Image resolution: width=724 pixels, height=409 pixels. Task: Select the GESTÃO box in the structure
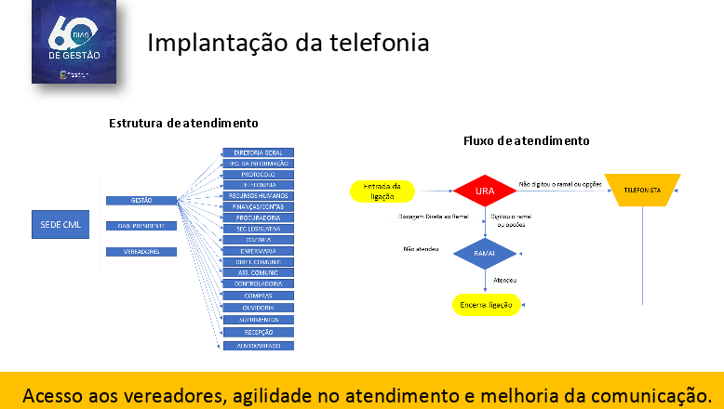click(141, 200)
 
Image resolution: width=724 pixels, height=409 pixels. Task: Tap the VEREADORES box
click(141, 252)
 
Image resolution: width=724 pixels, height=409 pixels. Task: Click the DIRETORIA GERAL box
click(258, 152)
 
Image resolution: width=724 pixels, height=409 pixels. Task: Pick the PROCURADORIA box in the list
click(258, 218)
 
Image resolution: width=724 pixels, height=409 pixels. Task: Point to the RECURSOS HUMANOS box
click(258, 196)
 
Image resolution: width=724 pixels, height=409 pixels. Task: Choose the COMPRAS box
click(258, 296)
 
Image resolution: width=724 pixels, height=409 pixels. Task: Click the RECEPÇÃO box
click(258, 330)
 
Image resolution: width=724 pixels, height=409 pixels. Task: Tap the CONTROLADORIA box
click(258, 284)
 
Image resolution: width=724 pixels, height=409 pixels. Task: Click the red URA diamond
click(485, 191)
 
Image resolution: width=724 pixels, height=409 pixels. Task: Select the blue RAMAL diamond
click(485, 252)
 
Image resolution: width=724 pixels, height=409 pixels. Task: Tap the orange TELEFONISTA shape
click(642, 190)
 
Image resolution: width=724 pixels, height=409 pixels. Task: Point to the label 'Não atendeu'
click(421, 249)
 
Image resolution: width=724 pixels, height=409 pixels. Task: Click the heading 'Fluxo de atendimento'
click(526, 140)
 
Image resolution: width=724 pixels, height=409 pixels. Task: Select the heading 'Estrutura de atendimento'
click(183, 123)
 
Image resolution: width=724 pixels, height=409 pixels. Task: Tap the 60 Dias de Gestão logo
click(79, 42)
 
